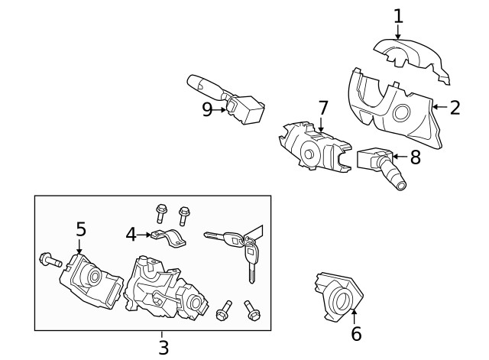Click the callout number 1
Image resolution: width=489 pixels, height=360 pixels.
[x=397, y=15]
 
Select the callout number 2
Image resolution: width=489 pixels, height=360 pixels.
[x=455, y=107]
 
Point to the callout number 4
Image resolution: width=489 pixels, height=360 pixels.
[x=131, y=233]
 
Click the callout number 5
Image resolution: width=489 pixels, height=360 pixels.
[x=80, y=229]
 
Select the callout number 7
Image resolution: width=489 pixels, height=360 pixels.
[x=322, y=107]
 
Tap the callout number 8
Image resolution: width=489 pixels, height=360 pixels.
[x=415, y=157]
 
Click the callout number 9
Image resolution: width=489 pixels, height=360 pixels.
[x=207, y=109]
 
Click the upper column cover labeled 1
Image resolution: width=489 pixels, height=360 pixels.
[x=413, y=60]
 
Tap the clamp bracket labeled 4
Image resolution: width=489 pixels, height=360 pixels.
[x=169, y=238]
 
